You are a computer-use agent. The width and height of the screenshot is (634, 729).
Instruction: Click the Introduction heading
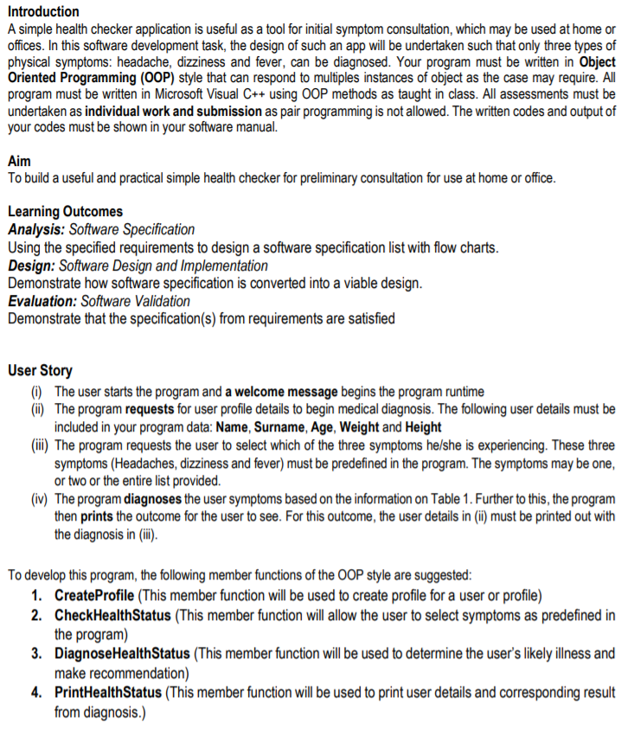[x=43, y=11]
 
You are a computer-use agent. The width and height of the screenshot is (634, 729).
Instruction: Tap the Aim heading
[x=18, y=162]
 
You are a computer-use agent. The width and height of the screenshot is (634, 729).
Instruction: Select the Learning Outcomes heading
[x=65, y=212]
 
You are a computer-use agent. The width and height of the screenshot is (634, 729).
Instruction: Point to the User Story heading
[x=40, y=371]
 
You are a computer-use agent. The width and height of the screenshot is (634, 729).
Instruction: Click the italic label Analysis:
[x=35, y=229]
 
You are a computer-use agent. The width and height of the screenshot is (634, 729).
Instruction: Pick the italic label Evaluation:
[x=42, y=301]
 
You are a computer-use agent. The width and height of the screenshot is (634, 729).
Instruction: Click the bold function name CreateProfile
[x=94, y=597]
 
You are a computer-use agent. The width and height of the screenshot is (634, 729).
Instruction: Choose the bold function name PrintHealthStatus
[x=108, y=693]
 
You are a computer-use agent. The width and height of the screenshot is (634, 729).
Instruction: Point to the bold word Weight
[x=361, y=427]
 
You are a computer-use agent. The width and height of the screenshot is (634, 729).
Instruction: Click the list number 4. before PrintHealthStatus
[x=37, y=693]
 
